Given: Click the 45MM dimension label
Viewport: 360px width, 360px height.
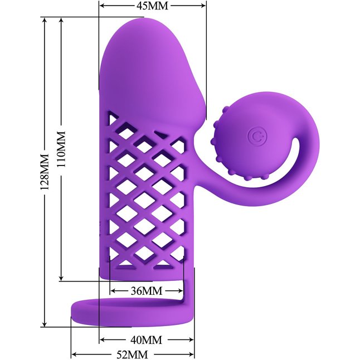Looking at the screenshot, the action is click(x=153, y=6).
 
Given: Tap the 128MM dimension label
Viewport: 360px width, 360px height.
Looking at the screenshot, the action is click(x=45, y=172).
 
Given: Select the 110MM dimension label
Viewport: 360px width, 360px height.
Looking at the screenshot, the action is click(x=61, y=149).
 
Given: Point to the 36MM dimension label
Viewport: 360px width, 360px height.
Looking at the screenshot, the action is click(x=147, y=291).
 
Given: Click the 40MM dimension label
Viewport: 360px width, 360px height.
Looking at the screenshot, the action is click(x=147, y=340).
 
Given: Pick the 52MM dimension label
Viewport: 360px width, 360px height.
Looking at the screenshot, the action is click(x=132, y=354).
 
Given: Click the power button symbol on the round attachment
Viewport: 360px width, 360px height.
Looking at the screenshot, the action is click(x=257, y=137).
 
